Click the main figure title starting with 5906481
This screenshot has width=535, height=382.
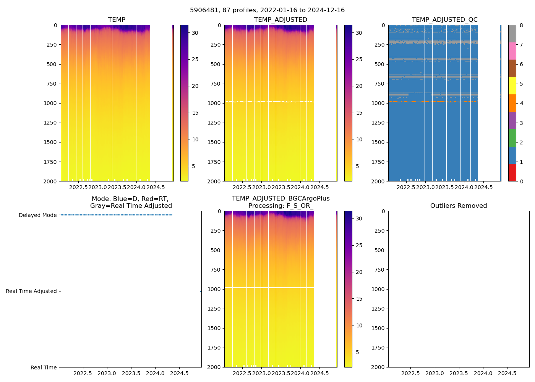click(x=267, y=10)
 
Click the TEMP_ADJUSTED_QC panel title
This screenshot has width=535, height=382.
click(x=444, y=20)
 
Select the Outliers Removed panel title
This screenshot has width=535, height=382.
click(x=459, y=206)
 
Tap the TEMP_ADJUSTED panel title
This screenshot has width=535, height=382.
click(x=280, y=20)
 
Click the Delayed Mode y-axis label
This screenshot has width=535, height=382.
click(x=37, y=215)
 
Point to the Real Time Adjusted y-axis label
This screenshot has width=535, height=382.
click(x=31, y=291)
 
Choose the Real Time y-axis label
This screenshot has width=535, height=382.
click(x=44, y=367)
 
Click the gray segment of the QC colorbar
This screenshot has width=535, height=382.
click(x=512, y=34)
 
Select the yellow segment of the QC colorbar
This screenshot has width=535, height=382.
click(x=512, y=86)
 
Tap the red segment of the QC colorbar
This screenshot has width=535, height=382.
click(x=512, y=172)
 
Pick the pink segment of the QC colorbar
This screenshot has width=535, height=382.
click(x=512, y=51)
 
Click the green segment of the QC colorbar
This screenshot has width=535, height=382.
click(x=512, y=138)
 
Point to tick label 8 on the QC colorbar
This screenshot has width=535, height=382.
click(x=521, y=25)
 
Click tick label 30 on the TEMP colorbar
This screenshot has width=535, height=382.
click(x=195, y=33)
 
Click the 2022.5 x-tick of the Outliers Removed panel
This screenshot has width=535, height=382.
click(x=410, y=373)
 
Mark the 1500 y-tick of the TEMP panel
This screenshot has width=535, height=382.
click(x=51, y=142)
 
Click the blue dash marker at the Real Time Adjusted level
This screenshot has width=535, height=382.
click(x=201, y=291)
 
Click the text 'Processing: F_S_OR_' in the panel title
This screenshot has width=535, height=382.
click(x=280, y=206)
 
